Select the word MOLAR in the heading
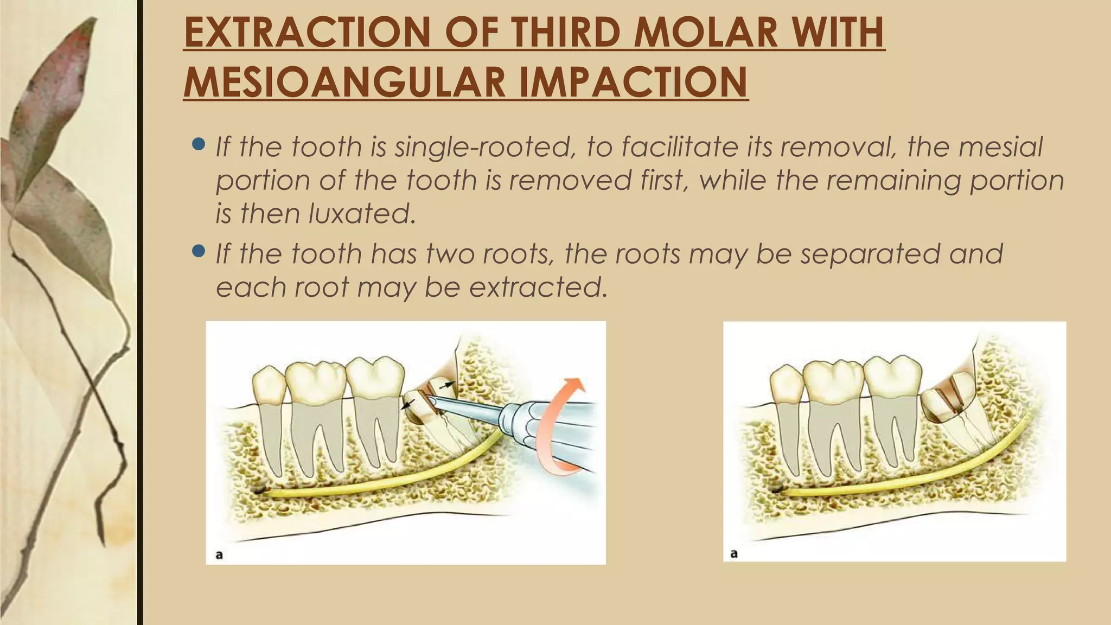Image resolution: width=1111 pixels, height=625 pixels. pos(705,33)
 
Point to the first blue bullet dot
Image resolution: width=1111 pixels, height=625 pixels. pos(199,145)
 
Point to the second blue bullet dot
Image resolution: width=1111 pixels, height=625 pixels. pos(199,251)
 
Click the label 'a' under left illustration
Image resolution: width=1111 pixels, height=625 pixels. pos(219,554)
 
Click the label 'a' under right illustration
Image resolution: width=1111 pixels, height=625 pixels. pos(734,553)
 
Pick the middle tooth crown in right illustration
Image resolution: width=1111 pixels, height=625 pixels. pos(834,380)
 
